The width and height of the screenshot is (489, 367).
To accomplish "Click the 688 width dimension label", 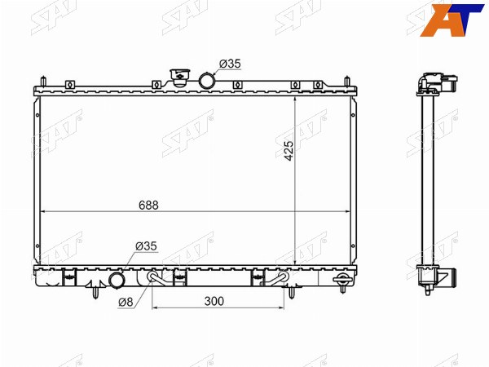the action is pos(148,206).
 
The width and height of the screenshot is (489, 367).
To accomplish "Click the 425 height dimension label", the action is pos(289,151).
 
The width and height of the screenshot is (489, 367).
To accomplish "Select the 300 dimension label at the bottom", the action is pos(214,302).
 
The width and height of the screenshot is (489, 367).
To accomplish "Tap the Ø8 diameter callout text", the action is pos(126,302).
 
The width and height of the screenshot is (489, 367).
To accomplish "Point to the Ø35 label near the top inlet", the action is pos(230,64).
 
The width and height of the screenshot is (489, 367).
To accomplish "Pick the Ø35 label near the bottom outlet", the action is pos(146,246).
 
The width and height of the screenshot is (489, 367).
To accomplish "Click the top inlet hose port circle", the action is pos(206,80).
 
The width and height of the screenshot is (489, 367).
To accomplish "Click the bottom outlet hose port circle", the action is pos(117,281).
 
